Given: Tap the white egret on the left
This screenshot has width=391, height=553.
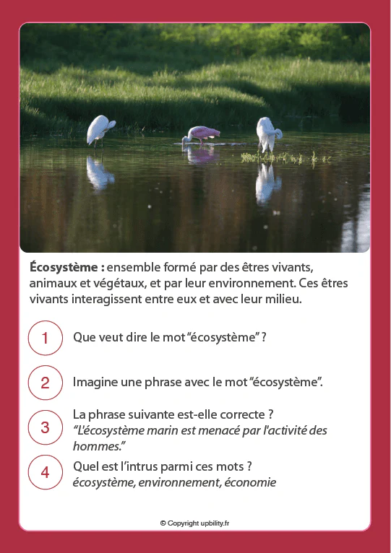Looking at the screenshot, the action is click(100, 131).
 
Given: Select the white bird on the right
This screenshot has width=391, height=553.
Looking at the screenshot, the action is click(267, 134).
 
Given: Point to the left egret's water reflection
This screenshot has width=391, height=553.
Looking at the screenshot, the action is click(98, 173).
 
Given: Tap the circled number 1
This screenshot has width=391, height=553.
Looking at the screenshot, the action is click(45, 338).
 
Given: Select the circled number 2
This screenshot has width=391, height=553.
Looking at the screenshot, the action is click(45, 383).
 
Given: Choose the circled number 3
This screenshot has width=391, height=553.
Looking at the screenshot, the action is click(45, 427).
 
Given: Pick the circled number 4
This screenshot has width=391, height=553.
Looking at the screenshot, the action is click(45, 472).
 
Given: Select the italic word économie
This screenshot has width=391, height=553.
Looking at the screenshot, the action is click(249, 482).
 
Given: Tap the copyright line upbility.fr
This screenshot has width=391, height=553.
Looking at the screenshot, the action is click(195, 523).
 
